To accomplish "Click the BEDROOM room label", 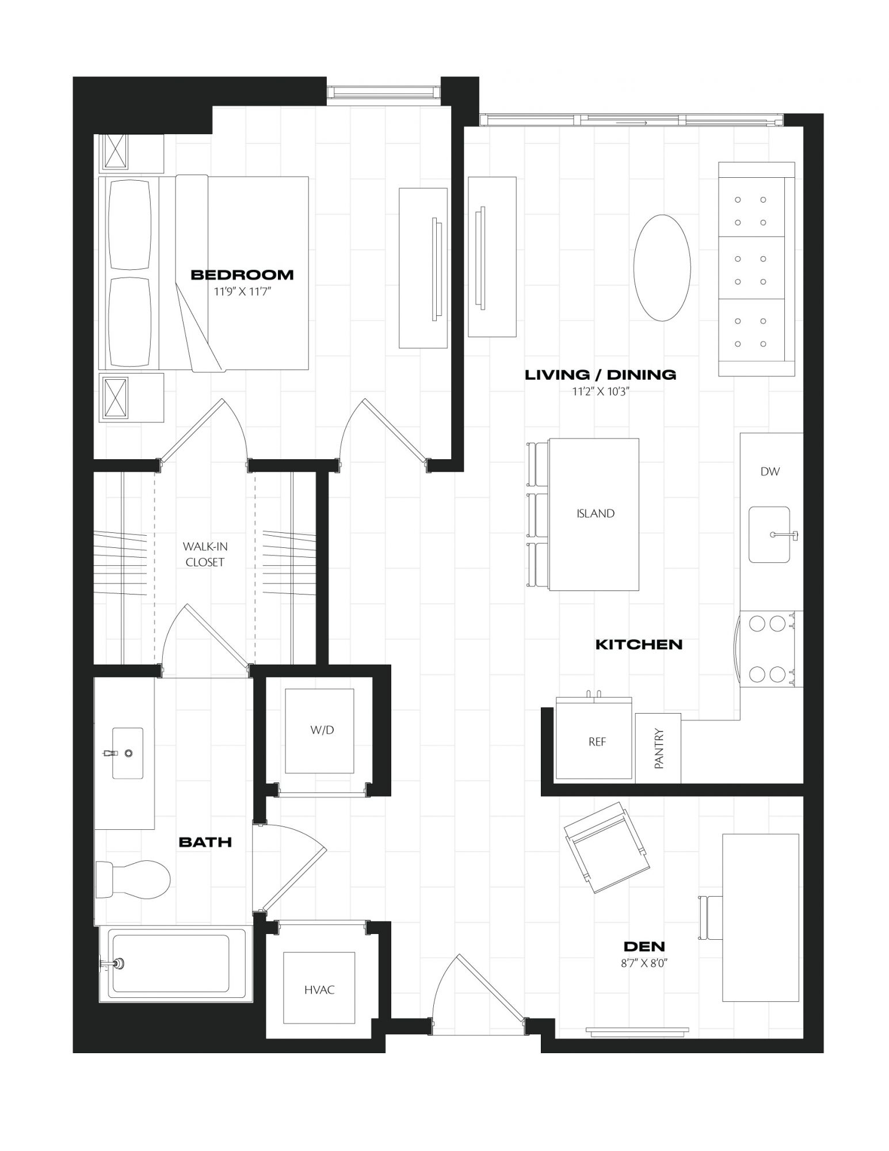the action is pyautogui.click(x=242, y=275).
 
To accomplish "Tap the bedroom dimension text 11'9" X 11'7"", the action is pyautogui.click(x=242, y=292).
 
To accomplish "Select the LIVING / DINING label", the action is pyautogui.click(x=600, y=375).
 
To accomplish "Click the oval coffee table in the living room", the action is pyautogui.click(x=662, y=268).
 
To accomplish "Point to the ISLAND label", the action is pyautogui.click(x=596, y=513).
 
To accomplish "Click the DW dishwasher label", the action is pyautogui.click(x=770, y=472).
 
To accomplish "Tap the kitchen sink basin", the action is pyautogui.click(x=769, y=535).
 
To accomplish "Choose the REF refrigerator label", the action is pyautogui.click(x=597, y=742).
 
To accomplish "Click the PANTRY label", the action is pyautogui.click(x=659, y=749).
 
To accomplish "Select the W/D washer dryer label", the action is pyautogui.click(x=322, y=730).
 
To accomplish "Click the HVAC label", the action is pyautogui.click(x=319, y=990).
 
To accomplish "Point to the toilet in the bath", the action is pyautogui.click(x=133, y=879).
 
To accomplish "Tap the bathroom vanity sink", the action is pyautogui.click(x=127, y=753).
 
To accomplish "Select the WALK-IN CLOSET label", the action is pyautogui.click(x=205, y=554).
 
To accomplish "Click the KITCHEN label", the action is pyautogui.click(x=639, y=645).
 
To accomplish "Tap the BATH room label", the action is pyautogui.click(x=205, y=843).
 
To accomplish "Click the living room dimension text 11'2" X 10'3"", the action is pyautogui.click(x=600, y=392).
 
